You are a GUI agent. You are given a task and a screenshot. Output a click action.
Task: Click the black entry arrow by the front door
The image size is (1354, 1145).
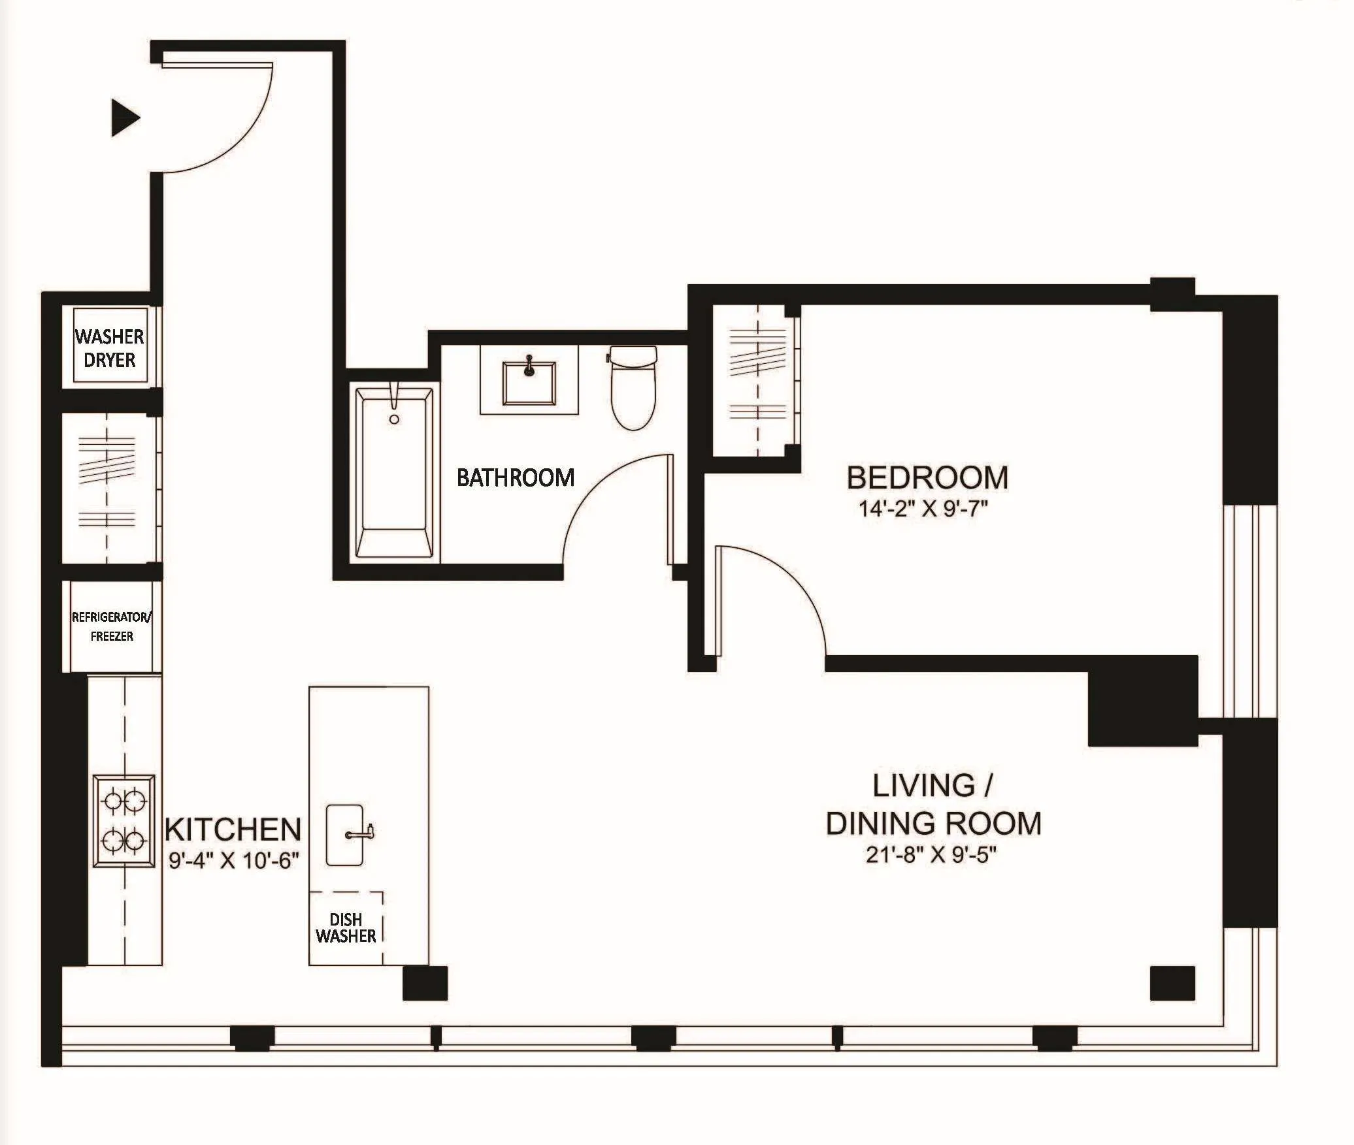tap(125, 119)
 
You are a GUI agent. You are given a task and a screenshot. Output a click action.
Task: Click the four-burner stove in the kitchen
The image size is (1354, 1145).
tap(124, 821)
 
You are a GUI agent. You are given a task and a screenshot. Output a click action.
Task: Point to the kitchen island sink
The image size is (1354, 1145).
tap(344, 834)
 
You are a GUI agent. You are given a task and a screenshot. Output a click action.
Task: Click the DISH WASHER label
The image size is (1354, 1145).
tap(346, 928)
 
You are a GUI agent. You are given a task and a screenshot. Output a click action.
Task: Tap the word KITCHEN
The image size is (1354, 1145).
tap(233, 830)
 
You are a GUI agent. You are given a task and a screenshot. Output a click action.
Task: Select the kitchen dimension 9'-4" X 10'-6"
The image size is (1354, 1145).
tap(233, 861)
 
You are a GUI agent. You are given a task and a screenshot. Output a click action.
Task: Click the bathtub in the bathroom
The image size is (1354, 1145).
tap(394, 472)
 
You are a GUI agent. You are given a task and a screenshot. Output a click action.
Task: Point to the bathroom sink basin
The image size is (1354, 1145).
tap(529, 383)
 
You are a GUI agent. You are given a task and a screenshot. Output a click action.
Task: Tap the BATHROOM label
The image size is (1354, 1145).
tap(515, 478)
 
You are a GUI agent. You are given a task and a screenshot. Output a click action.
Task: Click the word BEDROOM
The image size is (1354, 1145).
tap(927, 478)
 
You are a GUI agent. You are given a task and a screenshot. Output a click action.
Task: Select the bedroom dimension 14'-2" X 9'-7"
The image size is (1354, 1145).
tap(922, 509)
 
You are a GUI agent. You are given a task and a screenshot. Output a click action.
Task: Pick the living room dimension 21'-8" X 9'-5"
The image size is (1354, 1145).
tap(931, 855)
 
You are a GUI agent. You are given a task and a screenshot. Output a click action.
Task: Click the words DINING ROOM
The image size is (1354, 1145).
tap(933, 824)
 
